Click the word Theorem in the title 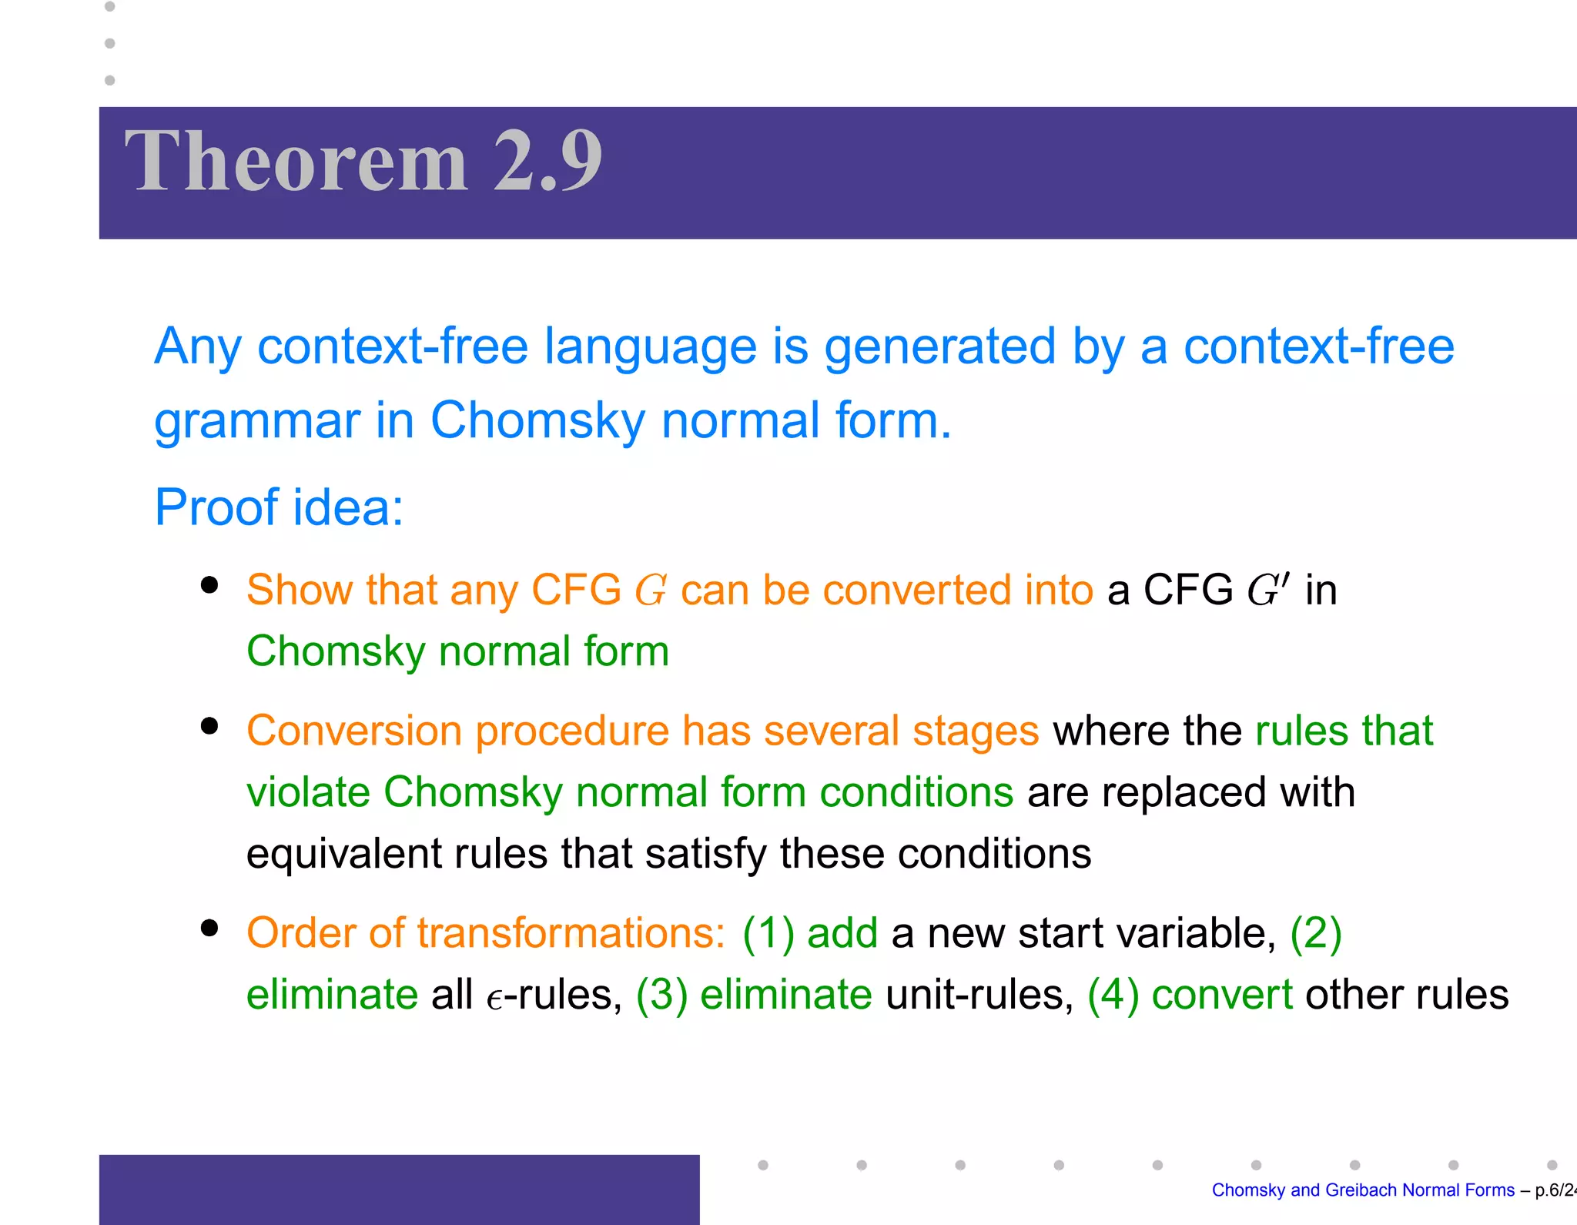[x=296, y=162]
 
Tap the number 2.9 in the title [x=547, y=162]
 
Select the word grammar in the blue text [x=257, y=422]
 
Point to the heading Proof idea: [x=279, y=507]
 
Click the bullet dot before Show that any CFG [x=209, y=585]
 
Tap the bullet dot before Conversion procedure [x=209, y=726]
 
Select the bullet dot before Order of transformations [x=209, y=928]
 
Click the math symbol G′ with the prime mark [x=1267, y=591]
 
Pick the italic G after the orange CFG [x=651, y=591]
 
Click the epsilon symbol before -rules [x=494, y=998]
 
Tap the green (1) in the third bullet [x=768, y=933]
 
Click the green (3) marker [x=661, y=995]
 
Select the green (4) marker [x=1113, y=995]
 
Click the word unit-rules [x=979, y=995]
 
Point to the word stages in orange [x=976, y=731]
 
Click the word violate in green [x=308, y=792]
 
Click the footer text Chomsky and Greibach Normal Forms [x=1362, y=1190]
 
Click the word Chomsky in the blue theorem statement [x=537, y=422]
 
